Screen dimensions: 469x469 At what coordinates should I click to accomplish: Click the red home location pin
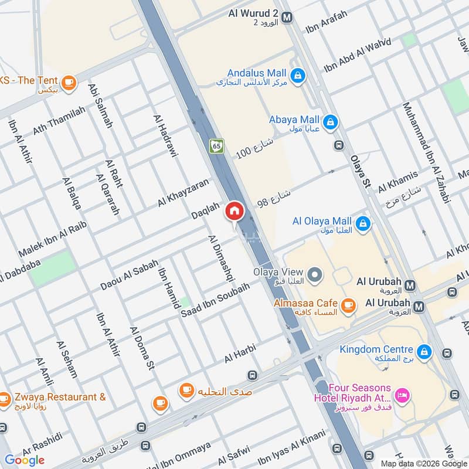[235, 210]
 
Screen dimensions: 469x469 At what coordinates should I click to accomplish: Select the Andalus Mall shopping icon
[298, 75]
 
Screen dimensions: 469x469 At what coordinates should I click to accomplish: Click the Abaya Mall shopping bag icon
[330, 122]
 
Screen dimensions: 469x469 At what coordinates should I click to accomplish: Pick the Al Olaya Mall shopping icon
[363, 223]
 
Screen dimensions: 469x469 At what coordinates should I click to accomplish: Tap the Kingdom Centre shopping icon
[426, 352]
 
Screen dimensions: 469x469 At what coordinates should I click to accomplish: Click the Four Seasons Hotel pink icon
[403, 395]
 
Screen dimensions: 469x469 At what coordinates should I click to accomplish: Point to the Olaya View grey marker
[315, 274]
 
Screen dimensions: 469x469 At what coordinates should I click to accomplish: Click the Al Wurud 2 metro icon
[287, 18]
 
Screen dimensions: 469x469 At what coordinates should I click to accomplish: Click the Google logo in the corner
[25, 460]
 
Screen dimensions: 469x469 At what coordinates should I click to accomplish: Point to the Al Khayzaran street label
[183, 192]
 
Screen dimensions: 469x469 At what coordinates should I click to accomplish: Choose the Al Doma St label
[142, 349]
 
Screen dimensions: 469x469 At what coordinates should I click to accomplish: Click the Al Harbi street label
[240, 354]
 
